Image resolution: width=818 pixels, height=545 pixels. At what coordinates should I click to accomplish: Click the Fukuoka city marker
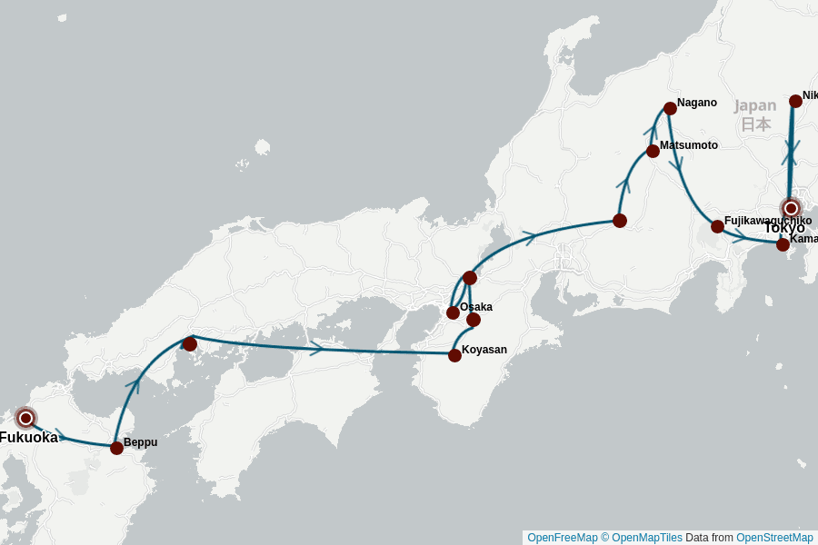coord(26,418)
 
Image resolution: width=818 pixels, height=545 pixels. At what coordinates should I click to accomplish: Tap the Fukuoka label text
coord(28,438)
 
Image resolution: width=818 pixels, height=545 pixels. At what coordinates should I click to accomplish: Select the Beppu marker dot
coord(116,448)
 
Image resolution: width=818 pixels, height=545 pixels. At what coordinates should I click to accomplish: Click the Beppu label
coord(141,442)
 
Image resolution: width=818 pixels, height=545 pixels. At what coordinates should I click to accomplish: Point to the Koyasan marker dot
coord(454,355)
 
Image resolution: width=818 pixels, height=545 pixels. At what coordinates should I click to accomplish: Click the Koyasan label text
coord(484,350)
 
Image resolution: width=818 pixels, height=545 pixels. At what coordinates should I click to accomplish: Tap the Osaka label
coord(476,307)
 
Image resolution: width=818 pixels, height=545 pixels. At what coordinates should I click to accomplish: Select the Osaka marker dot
coord(453,312)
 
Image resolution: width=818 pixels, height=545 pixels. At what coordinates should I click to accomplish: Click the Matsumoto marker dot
coord(653,151)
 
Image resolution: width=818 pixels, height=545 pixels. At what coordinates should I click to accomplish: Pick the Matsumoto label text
coord(689,145)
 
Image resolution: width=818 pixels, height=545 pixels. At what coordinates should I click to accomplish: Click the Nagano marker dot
coord(670,108)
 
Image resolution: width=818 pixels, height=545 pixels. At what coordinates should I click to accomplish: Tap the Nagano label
coord(697,103)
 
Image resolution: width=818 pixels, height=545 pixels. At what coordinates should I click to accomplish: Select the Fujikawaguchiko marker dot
coord(717,226)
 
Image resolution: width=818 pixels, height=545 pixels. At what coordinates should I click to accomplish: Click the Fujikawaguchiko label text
coord(768,221)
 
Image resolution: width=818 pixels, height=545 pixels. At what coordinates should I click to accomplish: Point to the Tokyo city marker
coord(791,208)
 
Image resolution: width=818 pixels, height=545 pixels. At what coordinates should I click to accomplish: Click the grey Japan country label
coord(755,105)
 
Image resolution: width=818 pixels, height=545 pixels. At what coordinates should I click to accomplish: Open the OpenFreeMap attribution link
coord(561,538)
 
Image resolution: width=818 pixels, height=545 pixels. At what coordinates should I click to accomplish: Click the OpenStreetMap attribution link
coord(774,538)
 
